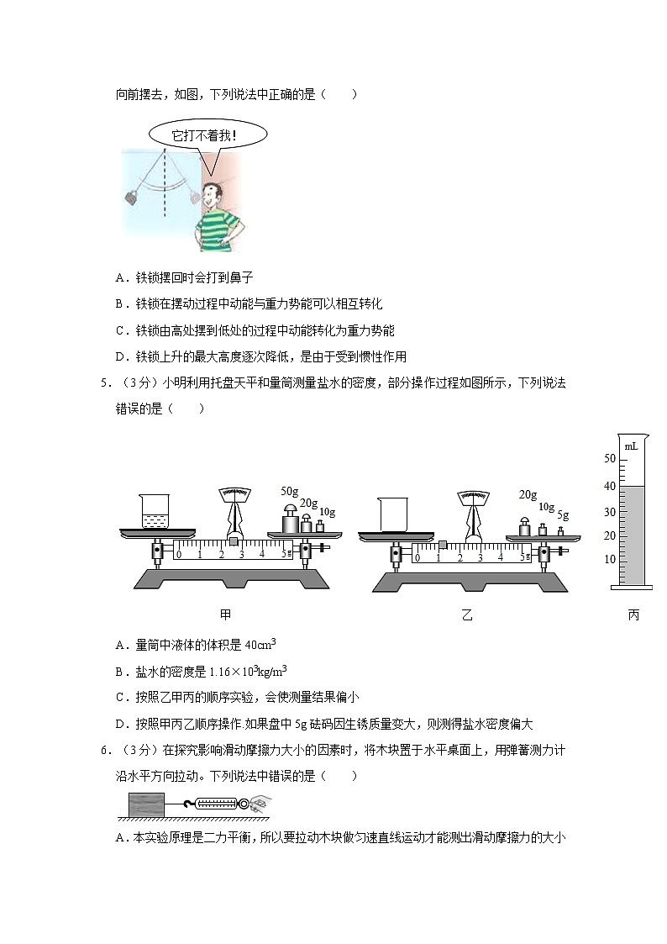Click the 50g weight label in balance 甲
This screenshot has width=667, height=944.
coord(290,491)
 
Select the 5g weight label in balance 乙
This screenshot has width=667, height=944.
coord(563,515)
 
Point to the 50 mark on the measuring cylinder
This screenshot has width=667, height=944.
coord(610,459)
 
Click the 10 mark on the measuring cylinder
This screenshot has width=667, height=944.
coord(610,559)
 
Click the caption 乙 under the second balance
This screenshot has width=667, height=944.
coord(467,615)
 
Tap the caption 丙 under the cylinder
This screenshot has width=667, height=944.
coord(633,615)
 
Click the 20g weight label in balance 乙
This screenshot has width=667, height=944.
coord(528,495)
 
